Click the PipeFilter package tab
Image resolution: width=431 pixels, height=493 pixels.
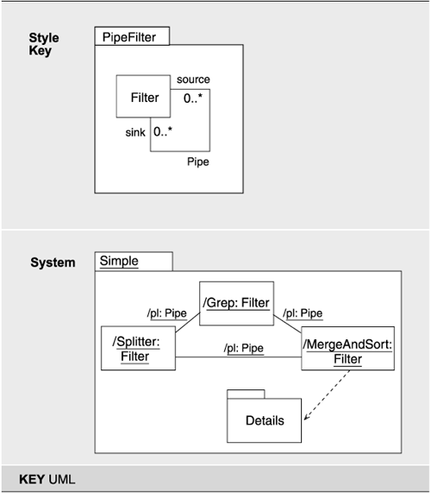[132, 36]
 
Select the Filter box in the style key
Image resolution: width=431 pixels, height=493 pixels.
[144, 98]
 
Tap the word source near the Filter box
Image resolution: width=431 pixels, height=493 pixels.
[193, 79]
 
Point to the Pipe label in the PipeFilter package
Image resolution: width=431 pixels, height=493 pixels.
[198, 161]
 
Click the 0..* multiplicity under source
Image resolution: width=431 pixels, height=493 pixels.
[194, 98]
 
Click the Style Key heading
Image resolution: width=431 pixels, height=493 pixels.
[41, 45]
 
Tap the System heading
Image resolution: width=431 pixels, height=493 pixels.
[52, 262]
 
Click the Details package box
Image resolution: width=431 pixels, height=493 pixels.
[264, 420]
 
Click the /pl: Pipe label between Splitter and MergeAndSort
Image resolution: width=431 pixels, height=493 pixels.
[243, 348]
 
